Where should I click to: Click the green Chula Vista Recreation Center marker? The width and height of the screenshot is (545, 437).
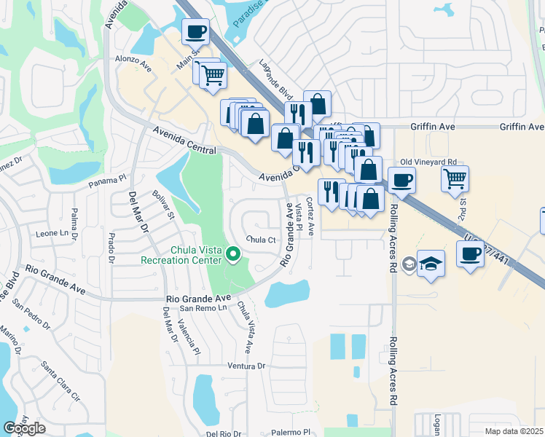(233, 254)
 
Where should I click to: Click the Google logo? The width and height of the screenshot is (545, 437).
(24, 428)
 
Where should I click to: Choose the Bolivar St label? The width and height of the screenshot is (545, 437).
(163, 205)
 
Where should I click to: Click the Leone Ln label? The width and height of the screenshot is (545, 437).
(56, 234)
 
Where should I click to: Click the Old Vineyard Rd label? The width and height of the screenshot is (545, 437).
(428, 162)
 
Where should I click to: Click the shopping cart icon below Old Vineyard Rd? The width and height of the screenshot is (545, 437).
(455, 178)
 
